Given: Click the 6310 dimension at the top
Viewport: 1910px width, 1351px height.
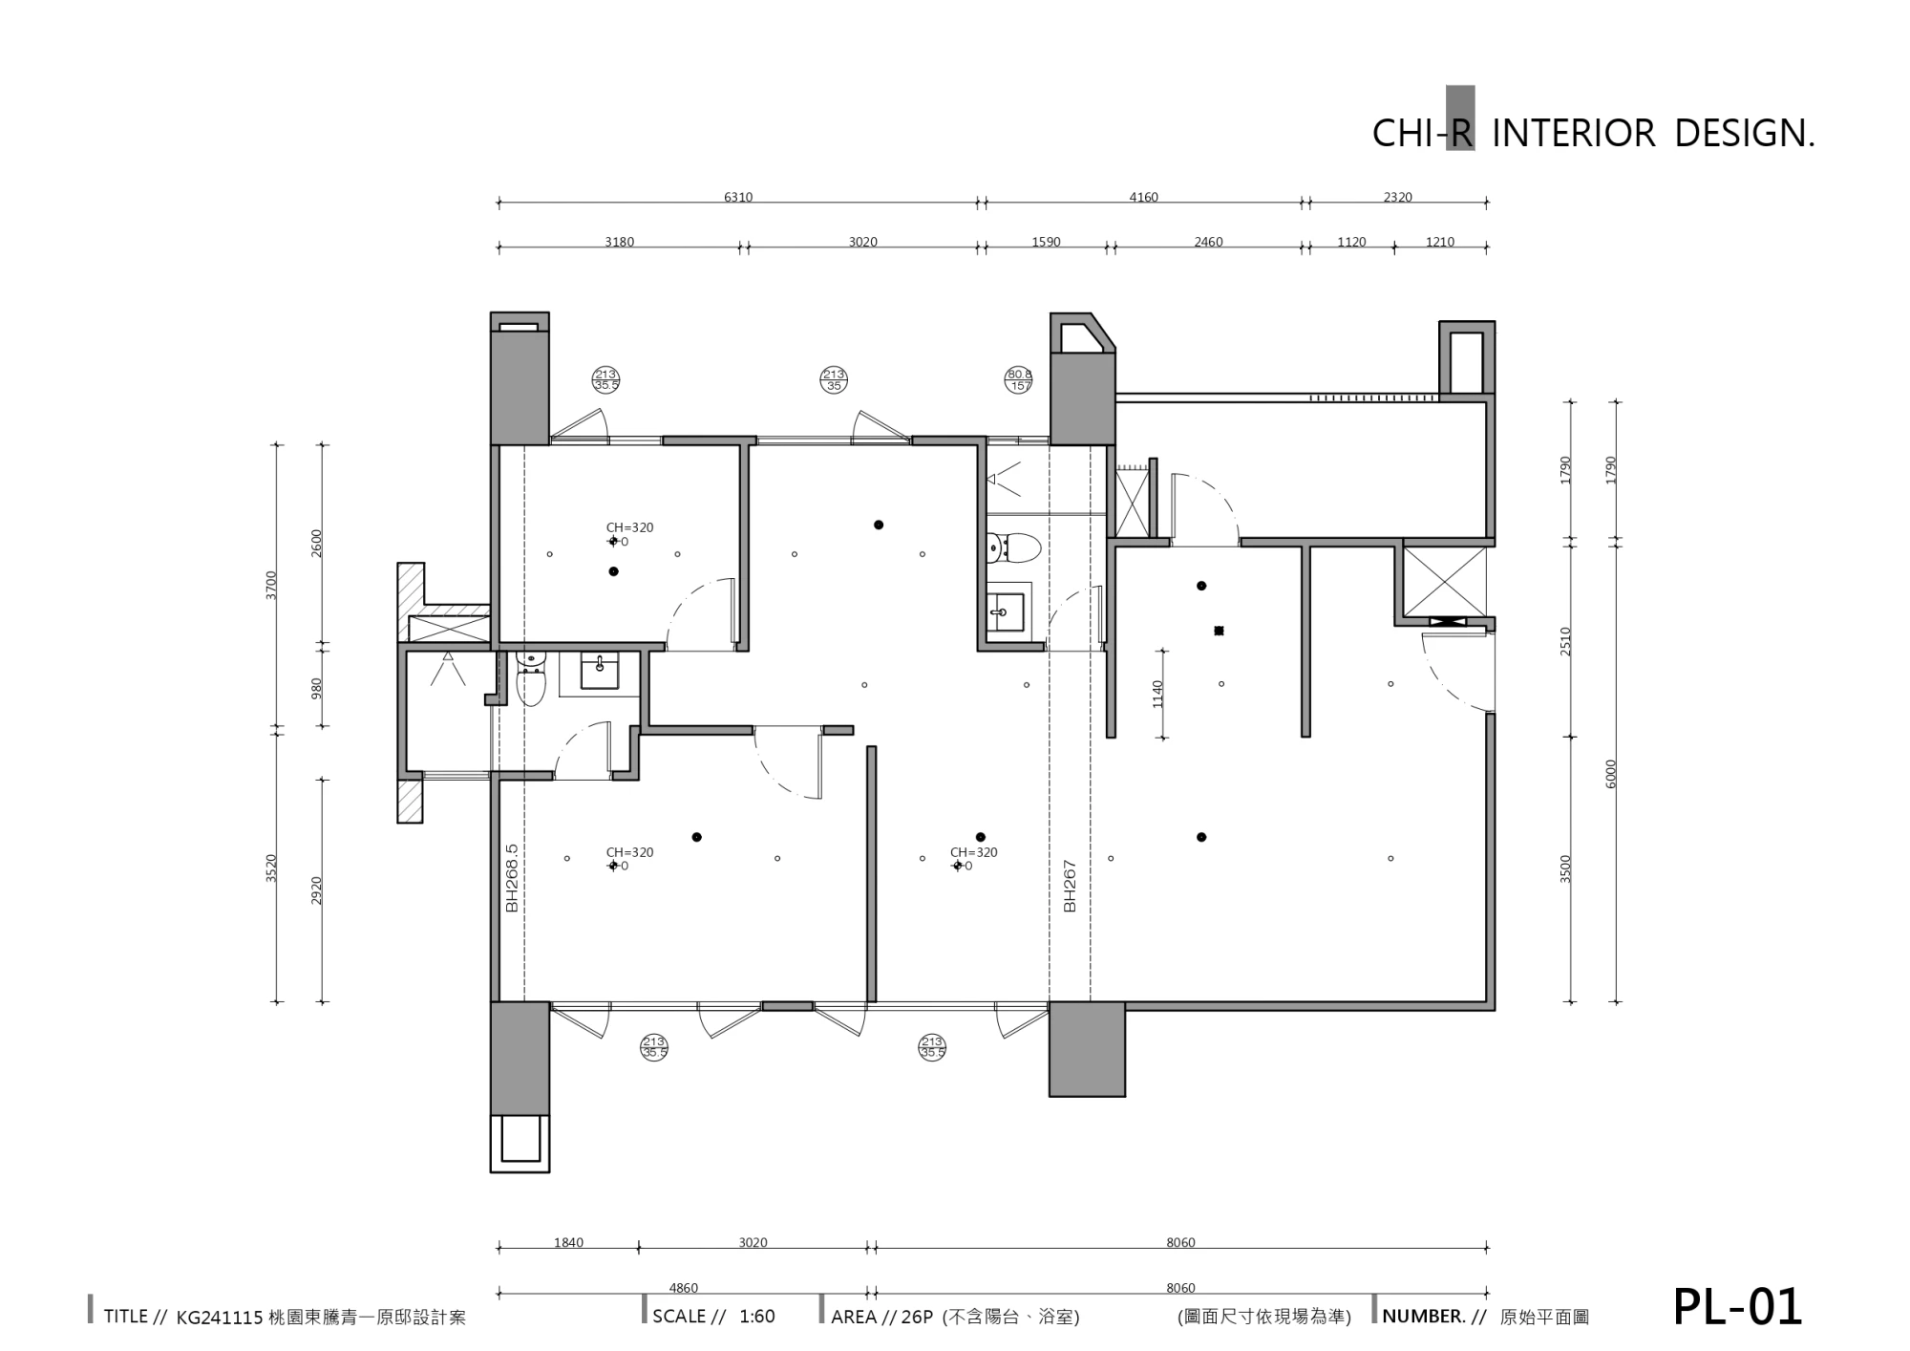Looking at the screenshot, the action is pyautogui.click(x=738, y=198).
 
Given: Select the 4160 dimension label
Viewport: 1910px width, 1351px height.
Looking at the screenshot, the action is pyautogui.click(x=1143, y=198).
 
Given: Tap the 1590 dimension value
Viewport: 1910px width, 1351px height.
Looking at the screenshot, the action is pyautogui.click(x=1046, y=243).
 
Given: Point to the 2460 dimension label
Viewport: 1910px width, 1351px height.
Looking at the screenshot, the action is pyautogui.click(x=1208, y=243).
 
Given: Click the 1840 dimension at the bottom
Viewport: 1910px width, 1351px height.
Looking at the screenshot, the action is pyautogui.click(x=568, y=1243).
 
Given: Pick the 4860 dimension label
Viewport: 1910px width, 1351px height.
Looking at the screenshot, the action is pyautogui.click(x=684, y=1288).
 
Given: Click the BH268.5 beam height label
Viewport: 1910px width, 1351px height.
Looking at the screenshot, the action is pyautogui.click(x=512, y=878).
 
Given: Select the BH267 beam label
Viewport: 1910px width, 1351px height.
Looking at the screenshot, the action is pyautogui.click(x=1070, y=886).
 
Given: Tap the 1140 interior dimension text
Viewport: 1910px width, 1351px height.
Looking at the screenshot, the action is pyautogui.click(x=1158, y=694).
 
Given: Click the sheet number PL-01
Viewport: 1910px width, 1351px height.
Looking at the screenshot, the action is pyautogui.click(x=1737, y=1306).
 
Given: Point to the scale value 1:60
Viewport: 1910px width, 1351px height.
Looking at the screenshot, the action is pyautogui.click(x=757, y=1317).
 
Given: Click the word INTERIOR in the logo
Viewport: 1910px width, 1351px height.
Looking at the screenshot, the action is pyautogui.click(x=1573, y=133).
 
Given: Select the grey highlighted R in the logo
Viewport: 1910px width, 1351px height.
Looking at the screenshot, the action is pyautogui.click(x=1460, y=119).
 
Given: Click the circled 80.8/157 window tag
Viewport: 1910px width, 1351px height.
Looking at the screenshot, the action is pyautogui.click(x=1019, y=380).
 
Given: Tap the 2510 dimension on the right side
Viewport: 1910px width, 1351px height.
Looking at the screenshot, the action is pyautogui.click(x=1566, y=641).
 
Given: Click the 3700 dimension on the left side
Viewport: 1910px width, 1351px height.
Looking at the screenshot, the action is pyautogui.click(x=271, y=585).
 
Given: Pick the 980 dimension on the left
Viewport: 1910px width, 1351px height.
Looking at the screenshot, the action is pyautogui.click(x=317, y=688).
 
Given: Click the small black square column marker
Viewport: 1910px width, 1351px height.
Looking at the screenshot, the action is pyautogui.click(x=1219, y=631).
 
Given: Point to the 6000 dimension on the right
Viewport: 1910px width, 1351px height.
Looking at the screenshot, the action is pyautogui.click(x=1612, y=774).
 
